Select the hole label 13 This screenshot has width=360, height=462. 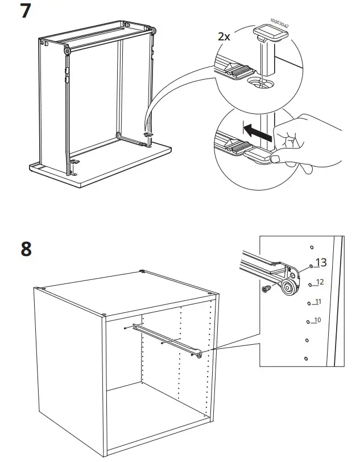point(321,262)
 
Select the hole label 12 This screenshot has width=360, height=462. point(319,282)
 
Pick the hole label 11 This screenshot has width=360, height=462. point(318,301)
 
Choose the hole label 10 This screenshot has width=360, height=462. point(317,320)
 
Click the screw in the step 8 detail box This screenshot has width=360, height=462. point(265,290)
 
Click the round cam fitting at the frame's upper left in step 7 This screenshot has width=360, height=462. point(68,51)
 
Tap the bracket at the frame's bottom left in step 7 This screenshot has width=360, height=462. point(73,165)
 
